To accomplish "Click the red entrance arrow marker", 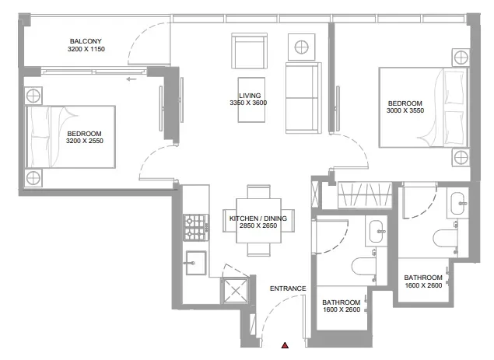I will pyautogui.click(x=286, y=344).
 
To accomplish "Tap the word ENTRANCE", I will pyautogui.click(x=288, y=288).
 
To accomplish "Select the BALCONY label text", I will pyautogui.click(x=86, y=41).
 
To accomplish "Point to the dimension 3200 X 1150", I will pyautogui.click(x=86, y=50).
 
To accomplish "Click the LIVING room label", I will pyautogui.click(x=249, y=95).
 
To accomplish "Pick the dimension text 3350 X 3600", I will pyautogui.click(x=249, y=103).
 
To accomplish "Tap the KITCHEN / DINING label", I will pyautogui.click(x=259, y=219).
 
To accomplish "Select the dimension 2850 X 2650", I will pyautogui.click(x=259, y=228).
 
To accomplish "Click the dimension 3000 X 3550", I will pyautogui.click(x=405, y=112).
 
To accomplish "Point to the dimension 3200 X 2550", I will pyautogui.click(x=85, y=142).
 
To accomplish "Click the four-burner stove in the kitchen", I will pyautogui.click(x=194, y=227).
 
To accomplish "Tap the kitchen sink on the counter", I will pyautogui.click(x=194, y=262).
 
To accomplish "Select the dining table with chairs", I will pyautogui.click(x=259, y=222).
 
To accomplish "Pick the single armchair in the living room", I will pyautogui.click(x=250, y=51).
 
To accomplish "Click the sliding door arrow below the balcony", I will pyautogui.click(x=131, y=78).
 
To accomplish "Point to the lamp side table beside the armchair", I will pyautogui.click(x=300, y=46).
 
